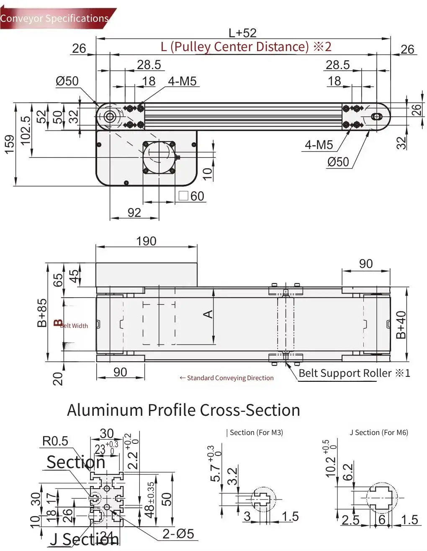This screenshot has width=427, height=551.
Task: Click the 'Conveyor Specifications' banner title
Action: (54, 18)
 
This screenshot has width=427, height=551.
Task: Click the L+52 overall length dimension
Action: (242, 33)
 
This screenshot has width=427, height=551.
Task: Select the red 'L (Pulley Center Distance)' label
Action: (246, 46)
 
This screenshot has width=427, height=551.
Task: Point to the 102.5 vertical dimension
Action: (26, 131)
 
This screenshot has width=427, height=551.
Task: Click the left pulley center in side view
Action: (110, 116)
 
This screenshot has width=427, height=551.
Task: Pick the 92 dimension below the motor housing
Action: (134, 213)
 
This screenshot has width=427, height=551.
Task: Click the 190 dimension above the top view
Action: (146, 241)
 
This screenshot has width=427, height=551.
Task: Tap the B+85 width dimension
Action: (42, 313)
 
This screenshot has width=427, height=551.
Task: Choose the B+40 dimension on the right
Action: (401, 325)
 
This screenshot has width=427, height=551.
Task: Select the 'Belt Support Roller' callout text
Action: (354, 373)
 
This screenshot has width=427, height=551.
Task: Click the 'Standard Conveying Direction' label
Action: (226, 378)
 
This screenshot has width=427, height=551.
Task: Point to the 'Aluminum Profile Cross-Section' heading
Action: (183, 410)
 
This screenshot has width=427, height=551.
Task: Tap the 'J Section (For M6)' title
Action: (378, 433)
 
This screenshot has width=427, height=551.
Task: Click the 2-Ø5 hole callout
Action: (178, 533)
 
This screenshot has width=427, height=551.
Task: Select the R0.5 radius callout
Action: (55, 441)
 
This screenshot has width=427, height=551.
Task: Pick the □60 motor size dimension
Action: (192, 196)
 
